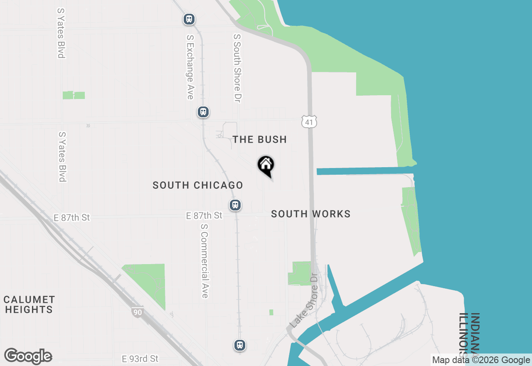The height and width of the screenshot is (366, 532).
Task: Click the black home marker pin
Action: tap(266, 166)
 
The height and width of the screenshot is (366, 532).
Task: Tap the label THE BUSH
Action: tap(260, 139)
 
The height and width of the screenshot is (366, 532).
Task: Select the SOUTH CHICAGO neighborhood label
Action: tap(198, 185)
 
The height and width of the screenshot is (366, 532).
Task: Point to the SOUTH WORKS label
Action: tap(311, 214)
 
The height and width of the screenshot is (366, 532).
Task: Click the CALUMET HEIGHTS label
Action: tap(29, 304)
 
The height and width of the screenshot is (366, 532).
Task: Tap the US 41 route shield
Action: tap(309, 121)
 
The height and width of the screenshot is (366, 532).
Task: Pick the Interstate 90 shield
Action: tap(137, 312)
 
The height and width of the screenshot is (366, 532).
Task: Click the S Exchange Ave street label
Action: tap(190, 67)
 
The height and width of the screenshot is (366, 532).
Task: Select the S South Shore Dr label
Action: tap(237, 68)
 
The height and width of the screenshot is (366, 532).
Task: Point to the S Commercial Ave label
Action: tap(204, 261)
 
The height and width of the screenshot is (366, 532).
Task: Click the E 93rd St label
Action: tap(140, 358)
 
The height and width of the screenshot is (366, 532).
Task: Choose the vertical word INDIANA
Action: tap(475, 333)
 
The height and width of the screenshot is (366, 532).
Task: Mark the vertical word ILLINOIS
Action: tap(464, 337)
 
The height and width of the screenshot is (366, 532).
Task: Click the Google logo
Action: tap(28, 356)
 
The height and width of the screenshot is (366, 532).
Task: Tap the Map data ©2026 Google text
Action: tap(481, 360)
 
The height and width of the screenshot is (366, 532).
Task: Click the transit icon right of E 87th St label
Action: tap(235, 205)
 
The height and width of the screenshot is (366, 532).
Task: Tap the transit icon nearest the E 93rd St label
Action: tap(240, 345)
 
